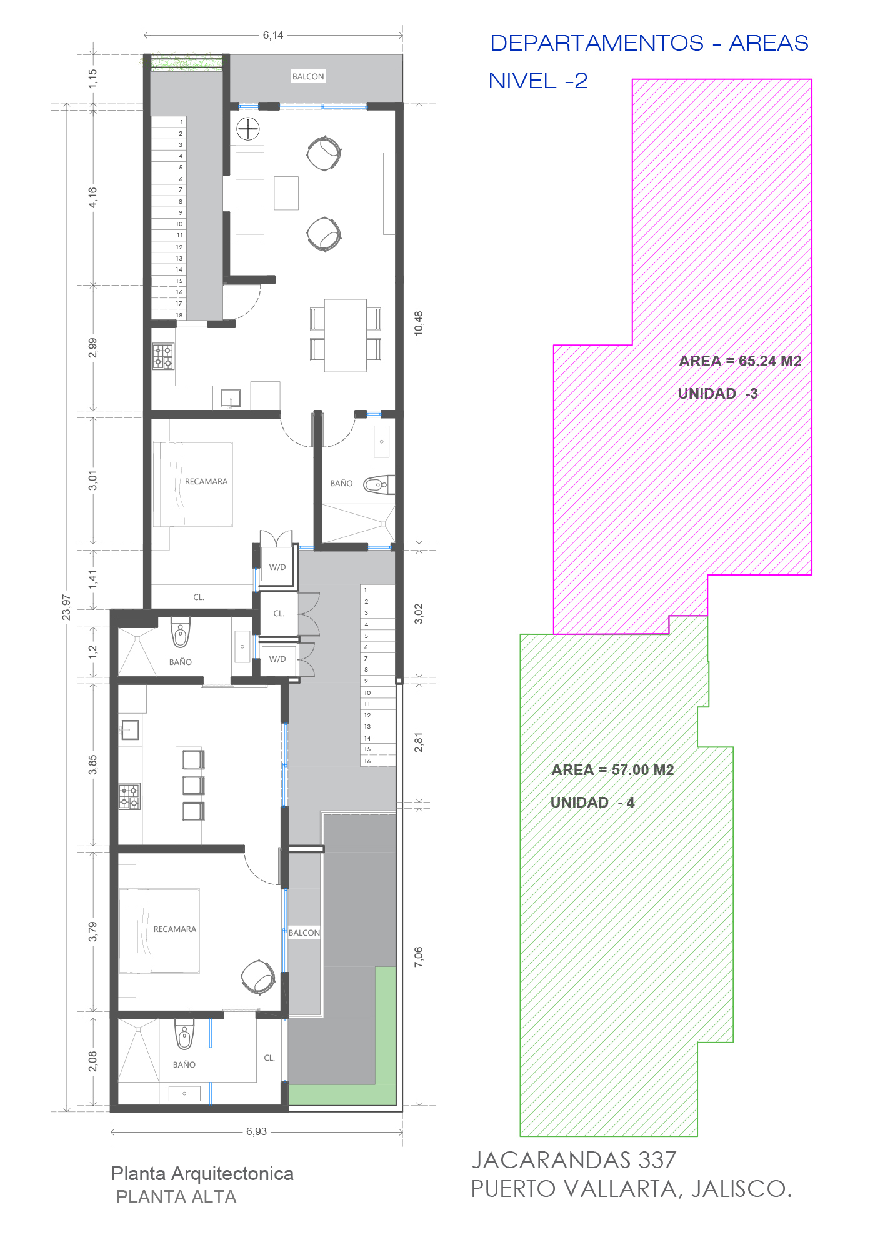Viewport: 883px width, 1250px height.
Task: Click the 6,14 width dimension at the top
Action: click(273, 36)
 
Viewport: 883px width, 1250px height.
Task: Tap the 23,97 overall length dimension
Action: click(66, 607)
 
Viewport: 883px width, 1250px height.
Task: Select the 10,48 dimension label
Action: click(419, 323)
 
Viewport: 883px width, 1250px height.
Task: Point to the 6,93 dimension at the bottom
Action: click(256, 1131)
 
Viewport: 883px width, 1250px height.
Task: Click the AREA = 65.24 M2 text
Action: click(740, 361)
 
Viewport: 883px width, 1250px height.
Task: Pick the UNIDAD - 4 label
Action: click(592, 802)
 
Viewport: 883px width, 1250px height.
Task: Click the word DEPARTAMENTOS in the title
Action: click(597, 43)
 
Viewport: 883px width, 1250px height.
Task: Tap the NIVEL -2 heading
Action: click(538, 81)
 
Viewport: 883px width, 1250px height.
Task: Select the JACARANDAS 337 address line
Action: click(574, 1160)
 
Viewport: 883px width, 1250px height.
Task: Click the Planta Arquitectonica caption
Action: click(202, 1173)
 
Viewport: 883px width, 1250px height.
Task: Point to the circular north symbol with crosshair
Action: click(248, 129)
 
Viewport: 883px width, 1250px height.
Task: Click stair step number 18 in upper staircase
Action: click(179, 315)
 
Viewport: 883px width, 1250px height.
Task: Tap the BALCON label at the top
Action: click(308, 76)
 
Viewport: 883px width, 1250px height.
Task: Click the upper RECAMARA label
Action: click(206, 482)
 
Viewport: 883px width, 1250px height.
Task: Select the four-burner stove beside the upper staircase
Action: click(163, 356)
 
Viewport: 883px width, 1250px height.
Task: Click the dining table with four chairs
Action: click(345, 335)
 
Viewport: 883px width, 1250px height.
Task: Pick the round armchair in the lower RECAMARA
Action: click(258, 976)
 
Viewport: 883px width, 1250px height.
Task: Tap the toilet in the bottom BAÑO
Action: click(184, 1034)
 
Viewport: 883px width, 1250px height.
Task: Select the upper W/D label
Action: click(277, 567)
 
